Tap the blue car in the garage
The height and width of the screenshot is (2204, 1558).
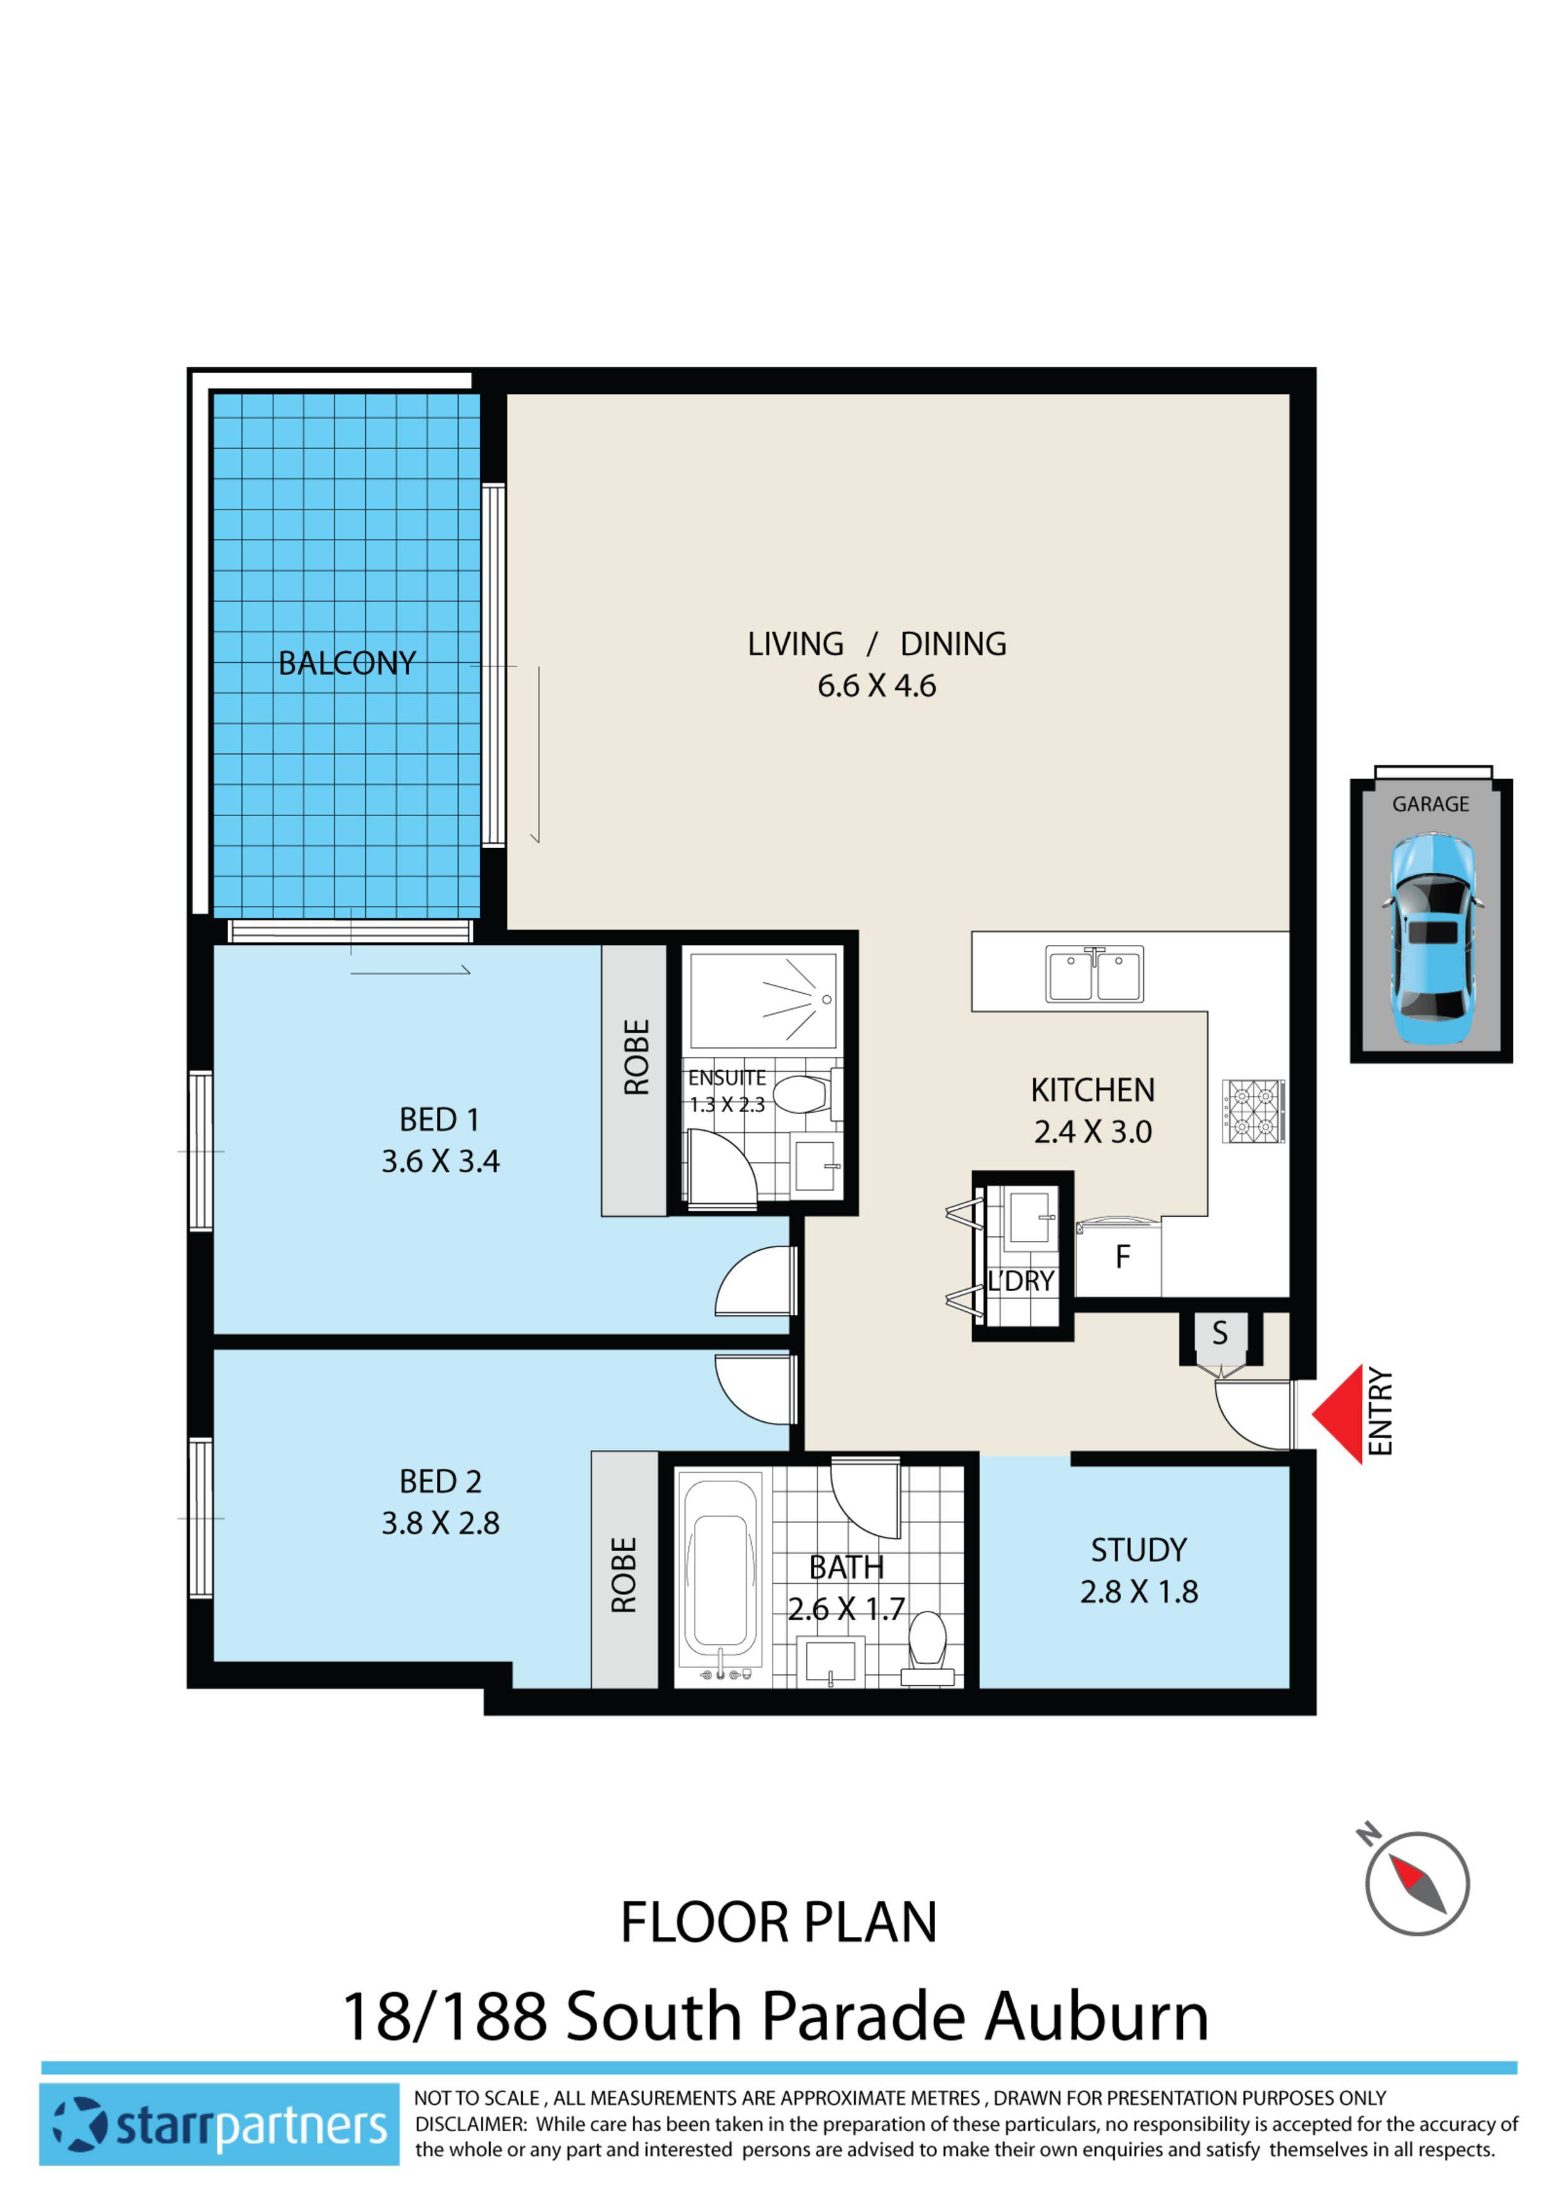[1431, 941]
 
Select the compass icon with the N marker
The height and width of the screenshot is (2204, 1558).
[1417, 1882]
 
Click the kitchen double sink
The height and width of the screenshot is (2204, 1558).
[1094, 974]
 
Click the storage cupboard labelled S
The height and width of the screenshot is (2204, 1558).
[1219, 1333]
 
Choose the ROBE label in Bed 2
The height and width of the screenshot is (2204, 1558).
[624, 1575]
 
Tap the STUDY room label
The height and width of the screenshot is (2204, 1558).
[1139, 1551]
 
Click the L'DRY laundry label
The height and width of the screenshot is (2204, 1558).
[1021, 1282]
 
